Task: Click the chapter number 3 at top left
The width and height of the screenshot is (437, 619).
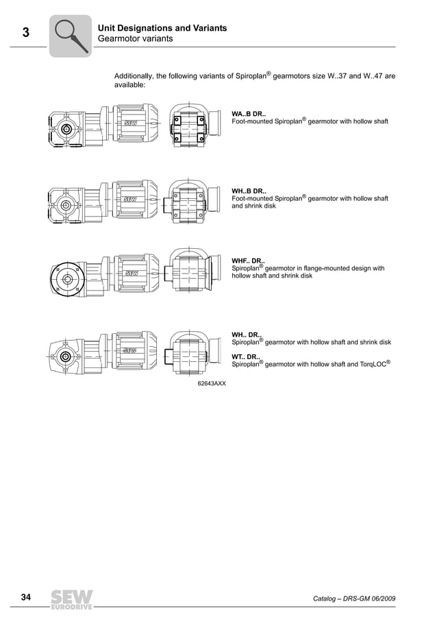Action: [x=25, y=32]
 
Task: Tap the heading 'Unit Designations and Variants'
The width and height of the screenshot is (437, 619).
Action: [x=162, y=28]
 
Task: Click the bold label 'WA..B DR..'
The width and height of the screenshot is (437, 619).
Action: [x=249, y=113]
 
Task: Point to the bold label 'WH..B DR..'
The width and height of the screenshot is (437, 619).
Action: [x=249, y=191]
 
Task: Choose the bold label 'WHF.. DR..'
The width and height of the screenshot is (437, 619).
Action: [x=249, y=260]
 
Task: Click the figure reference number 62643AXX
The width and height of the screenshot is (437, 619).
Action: [x=212, y=383]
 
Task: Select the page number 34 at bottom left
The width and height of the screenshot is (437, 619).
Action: [x=26, y=598]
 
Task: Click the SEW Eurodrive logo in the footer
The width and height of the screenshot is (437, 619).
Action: [x=70, y=599]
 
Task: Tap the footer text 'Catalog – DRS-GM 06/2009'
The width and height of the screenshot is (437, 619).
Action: [x=353, y=599]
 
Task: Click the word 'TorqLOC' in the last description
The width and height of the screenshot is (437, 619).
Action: [x=369, y=365]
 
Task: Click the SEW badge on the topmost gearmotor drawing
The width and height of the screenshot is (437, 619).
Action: [x=130, y=122]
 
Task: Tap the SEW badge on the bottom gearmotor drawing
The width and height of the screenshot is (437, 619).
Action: [x=130, y=350]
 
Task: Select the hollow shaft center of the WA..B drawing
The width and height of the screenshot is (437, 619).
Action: [x=66, y=128]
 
